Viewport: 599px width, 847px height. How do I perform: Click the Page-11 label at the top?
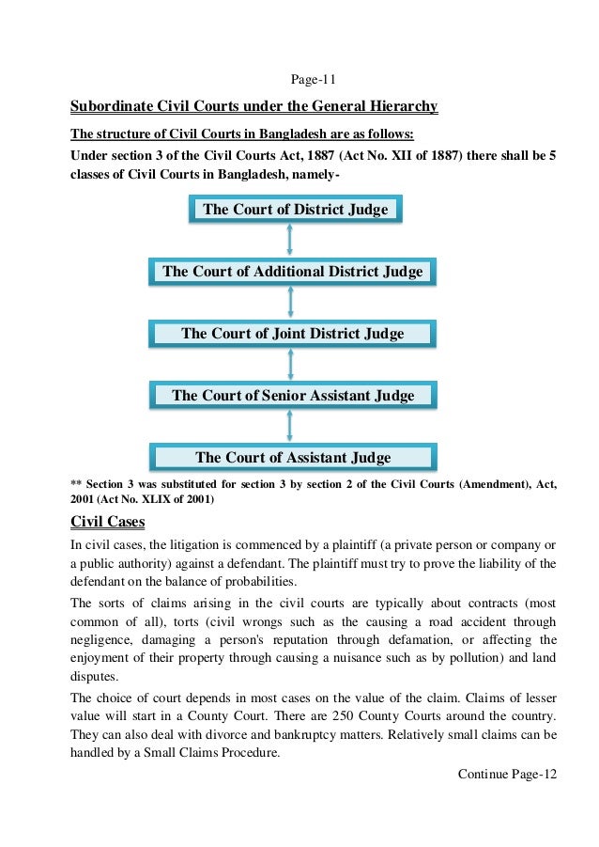(299, 76)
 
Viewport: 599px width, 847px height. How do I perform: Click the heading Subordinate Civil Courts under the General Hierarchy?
(254, 107)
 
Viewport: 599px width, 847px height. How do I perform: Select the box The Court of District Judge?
(295, 209)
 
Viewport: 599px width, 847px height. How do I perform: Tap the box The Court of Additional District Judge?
(292, 272)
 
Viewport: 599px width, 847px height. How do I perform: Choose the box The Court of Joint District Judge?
(292, 333)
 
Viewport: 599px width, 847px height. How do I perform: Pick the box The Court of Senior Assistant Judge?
(292, 395)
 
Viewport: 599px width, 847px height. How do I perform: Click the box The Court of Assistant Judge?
(292, 458)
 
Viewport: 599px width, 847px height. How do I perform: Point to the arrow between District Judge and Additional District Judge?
(291, 240)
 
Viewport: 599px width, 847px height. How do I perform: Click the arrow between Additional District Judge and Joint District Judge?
(291, 302)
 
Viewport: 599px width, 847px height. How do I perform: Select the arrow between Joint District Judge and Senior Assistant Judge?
(291, 364)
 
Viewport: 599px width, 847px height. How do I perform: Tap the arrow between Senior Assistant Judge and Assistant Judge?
(291, 426)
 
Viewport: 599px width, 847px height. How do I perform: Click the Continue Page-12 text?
(507, 774)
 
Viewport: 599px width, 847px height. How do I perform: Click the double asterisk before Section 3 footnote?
(76, 484)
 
